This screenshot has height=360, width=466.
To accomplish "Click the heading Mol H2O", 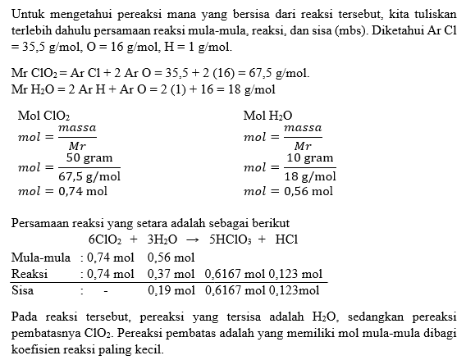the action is pyautogui.click(x=268, y=116).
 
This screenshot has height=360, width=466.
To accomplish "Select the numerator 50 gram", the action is pyautogui.click(x=89, y=157).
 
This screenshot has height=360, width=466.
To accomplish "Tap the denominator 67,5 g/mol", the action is pyautogui.click(x=89, y=175).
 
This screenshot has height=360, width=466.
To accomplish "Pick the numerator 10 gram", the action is pyautogui.click(x=310, y=157).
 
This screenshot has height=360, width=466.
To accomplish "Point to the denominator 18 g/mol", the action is pyautogui.click(x=310, y=175).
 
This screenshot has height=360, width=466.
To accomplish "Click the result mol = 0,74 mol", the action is pyautogui.click(x=62, y=191).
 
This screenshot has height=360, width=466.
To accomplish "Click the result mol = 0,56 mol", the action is pyautogui.click(x=288, y=191).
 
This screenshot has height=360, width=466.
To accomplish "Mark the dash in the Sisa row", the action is pyautogui.click(x=106, y=289).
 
